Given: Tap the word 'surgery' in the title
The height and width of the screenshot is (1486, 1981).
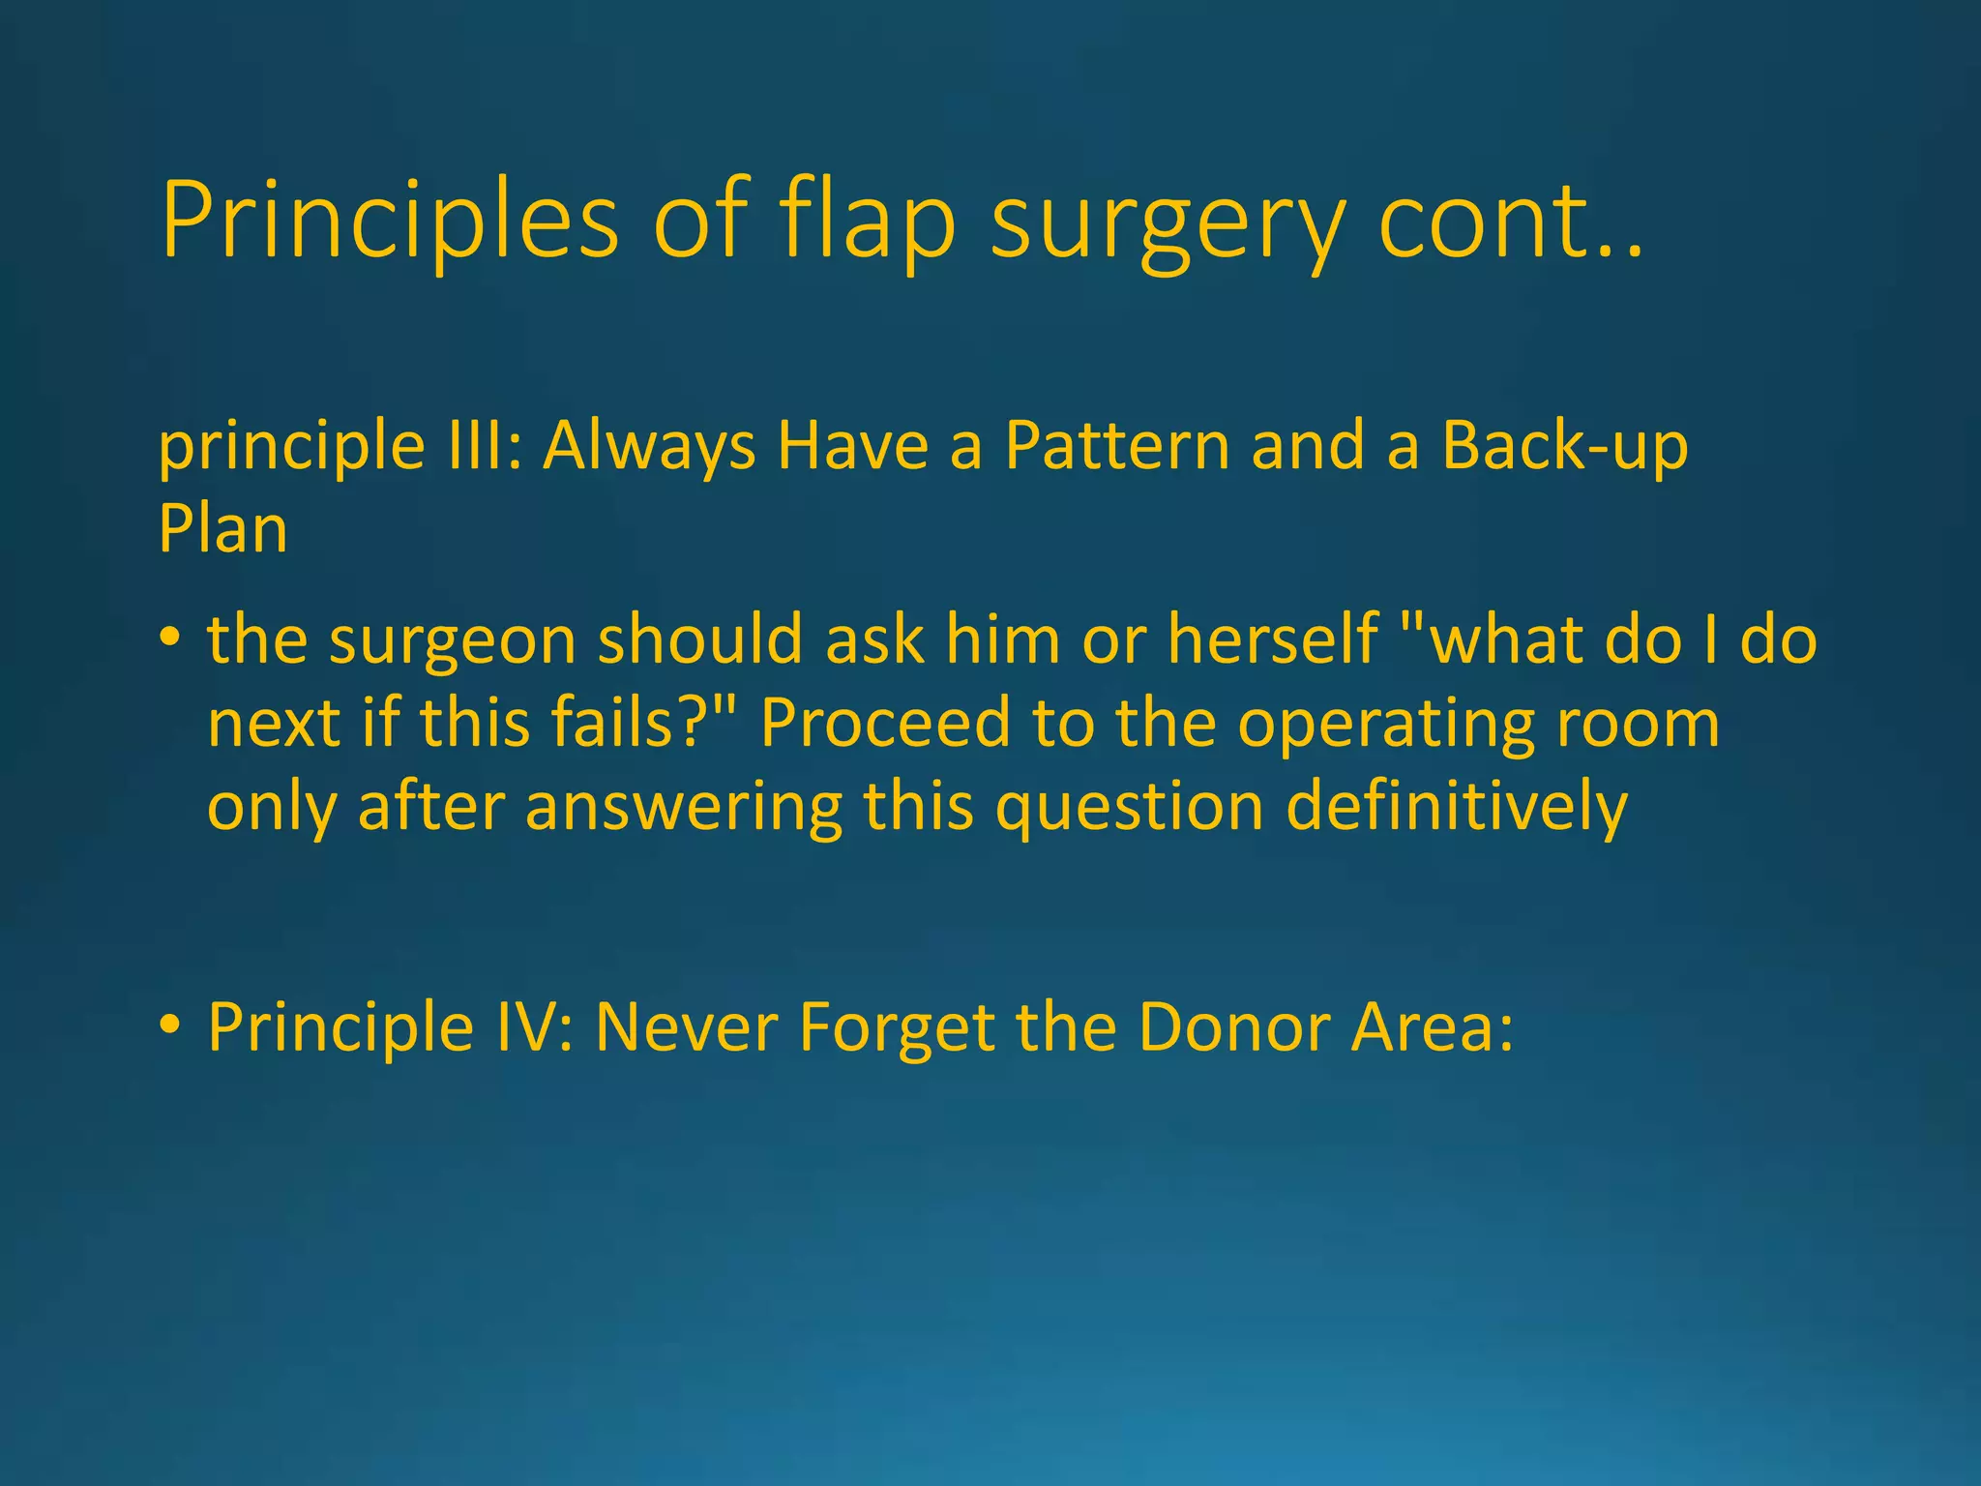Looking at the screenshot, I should pos(1167,224).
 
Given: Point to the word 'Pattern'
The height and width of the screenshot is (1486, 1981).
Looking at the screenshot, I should pos(1117,445).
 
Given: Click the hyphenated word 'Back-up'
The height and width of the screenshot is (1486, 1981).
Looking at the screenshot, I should pos(1564,445).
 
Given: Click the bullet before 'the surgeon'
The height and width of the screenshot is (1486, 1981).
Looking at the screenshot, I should pos(170,639).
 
